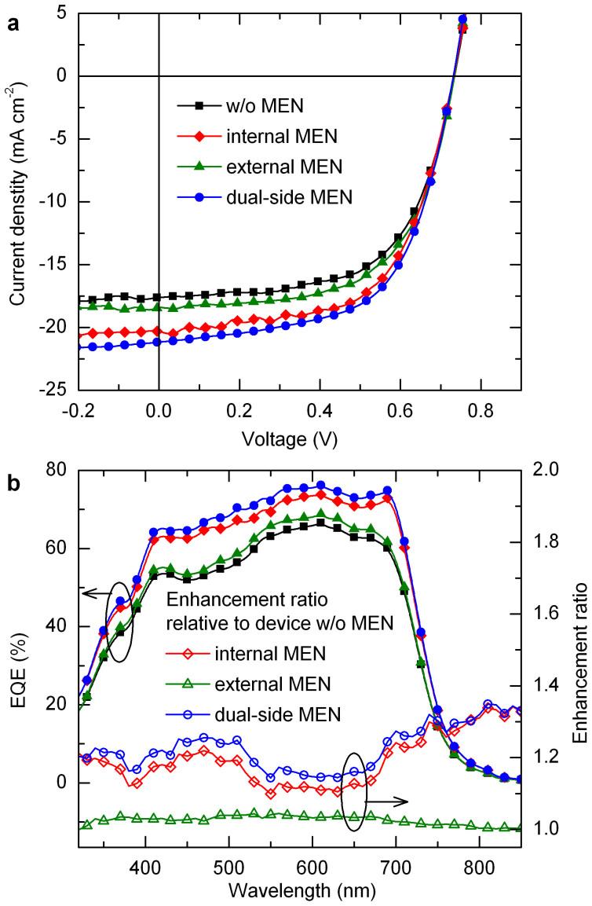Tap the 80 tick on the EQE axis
pyautogui.click(x=63, y=471)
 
